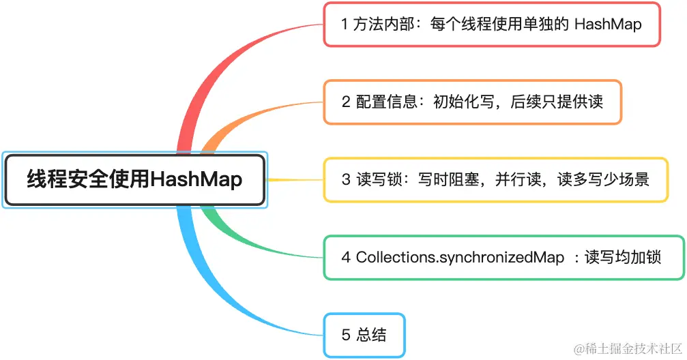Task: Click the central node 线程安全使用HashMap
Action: tap(134, 179)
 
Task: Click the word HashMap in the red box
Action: tap(608, 24)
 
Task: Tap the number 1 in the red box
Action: tap(345, 24)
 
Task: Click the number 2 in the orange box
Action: tap(346, 102)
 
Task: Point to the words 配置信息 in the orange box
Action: tap(386, 102)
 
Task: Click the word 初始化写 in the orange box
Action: tap(463, 102)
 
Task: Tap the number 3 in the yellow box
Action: tap(346, 179)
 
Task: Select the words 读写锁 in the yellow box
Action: tap(379, 179)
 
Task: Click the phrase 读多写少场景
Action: tap(603, 179)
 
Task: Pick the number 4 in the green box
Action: tap(346, 257)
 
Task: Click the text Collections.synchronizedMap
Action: tap(460, 257)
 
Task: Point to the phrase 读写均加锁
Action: tap(623, 257)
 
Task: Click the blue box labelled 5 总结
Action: tap(364, 335)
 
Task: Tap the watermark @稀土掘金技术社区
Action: tap(628, 348)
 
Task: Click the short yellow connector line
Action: tap(295, 179)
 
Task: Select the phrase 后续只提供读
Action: tap(557, 102)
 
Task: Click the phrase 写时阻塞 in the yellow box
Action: tap(448, 179)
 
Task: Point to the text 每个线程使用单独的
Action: tap(499, 24)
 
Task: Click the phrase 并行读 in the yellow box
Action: tap(518, 179)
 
